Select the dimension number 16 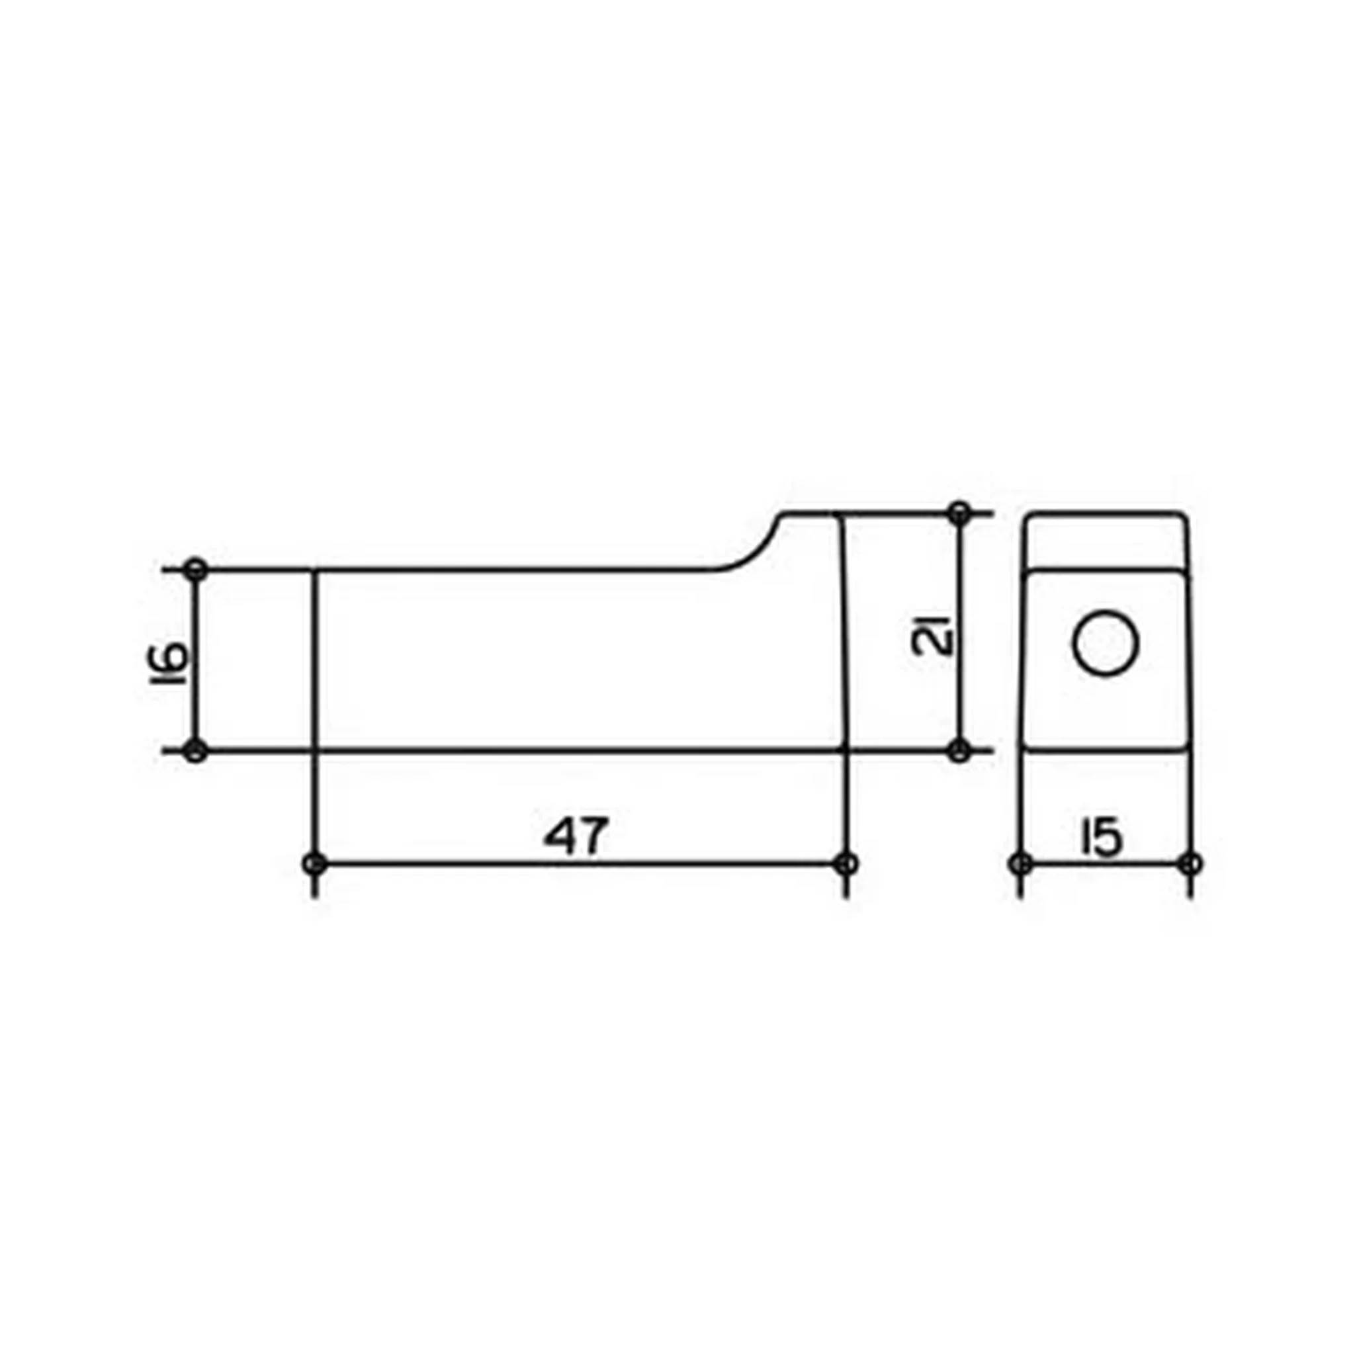point(171,660)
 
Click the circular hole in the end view point(1106,642)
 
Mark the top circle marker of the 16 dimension point(196,570)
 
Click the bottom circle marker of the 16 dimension point(196,750)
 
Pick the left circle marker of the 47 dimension point(315,863)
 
